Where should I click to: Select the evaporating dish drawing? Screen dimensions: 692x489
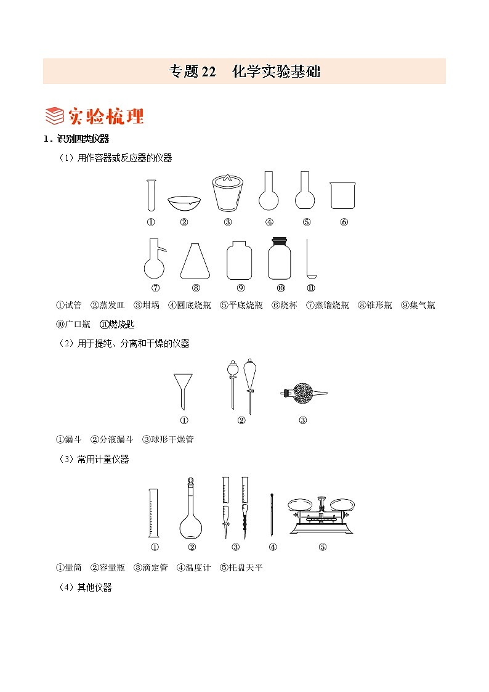pyautogui.click(x=184, y=203)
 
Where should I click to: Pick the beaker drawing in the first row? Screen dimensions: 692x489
pyautogui.click(x=343, y=195)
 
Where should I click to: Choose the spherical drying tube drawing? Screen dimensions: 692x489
pyautogui.click(x=302, y=393)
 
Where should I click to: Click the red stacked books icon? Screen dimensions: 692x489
pyautogui.click(x=55, y=116)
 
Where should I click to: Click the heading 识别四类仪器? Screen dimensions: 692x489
pyautogui.click(x=83, y=139)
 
